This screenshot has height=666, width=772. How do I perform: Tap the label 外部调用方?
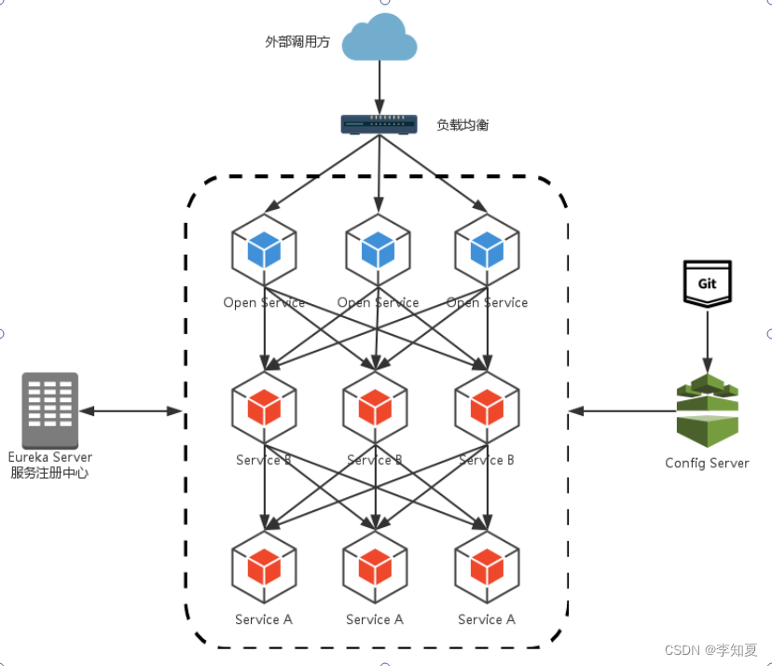[x=297, y=42]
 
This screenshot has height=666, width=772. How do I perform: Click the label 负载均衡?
[x=462, y=124]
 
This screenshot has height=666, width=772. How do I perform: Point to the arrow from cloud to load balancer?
[x=379, y=89]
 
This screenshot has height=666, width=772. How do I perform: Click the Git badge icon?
[x=708, y=283]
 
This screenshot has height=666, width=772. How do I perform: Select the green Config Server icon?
[x=707, y=410]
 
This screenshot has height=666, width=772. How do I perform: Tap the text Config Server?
[x=707, y=463]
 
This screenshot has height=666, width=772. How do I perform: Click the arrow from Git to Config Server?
[x=708, y=340]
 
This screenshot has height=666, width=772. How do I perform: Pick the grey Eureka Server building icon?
[x=50, y=410]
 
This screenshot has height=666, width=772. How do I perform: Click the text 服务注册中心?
[x=50, y=473]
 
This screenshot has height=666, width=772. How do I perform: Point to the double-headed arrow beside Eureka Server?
[x=131, y=410]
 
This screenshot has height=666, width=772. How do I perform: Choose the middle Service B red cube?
[x=375, y=408]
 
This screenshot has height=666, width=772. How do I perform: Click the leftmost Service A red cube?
[x=264, y=566]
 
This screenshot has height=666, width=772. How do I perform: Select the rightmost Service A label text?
[x=487, y=619]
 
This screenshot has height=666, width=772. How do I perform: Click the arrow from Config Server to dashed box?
[x=620, y=410]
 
